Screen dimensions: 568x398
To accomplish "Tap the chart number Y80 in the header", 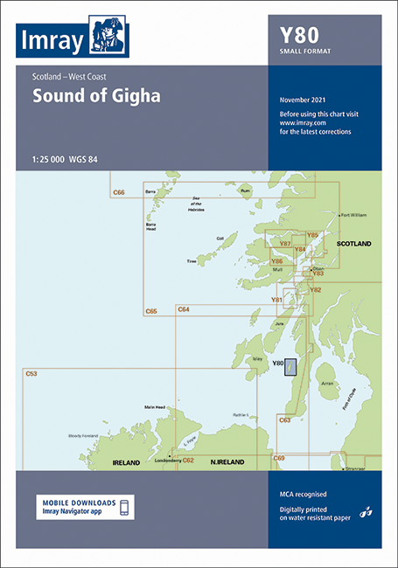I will [x=298, y=36].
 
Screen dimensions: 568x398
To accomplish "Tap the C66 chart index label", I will [x=120, y=191].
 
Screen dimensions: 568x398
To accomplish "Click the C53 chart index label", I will [x=31, y=373].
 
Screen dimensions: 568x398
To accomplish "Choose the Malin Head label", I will [x=157, y=407].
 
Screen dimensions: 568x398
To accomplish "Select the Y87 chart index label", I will [x=284, y=244].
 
